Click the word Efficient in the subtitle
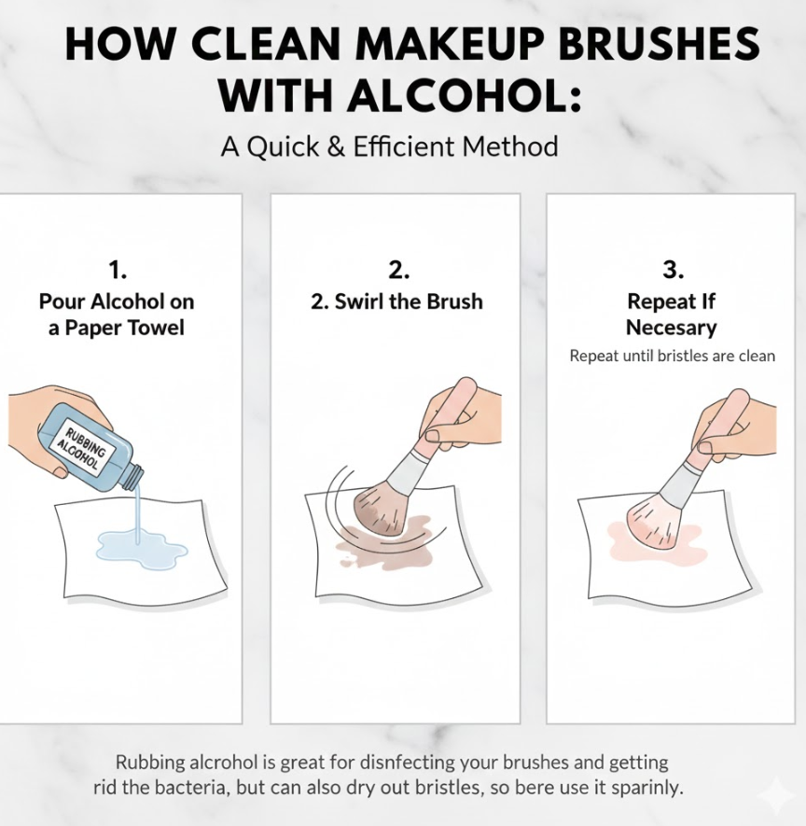(403, 146)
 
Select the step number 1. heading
(118, 271)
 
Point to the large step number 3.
(673, 270)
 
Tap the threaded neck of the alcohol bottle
(133, 476)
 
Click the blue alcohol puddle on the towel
(141, 550)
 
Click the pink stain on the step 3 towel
(654, 540)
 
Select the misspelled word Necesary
(672, 328)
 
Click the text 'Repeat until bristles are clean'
(673, 357)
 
